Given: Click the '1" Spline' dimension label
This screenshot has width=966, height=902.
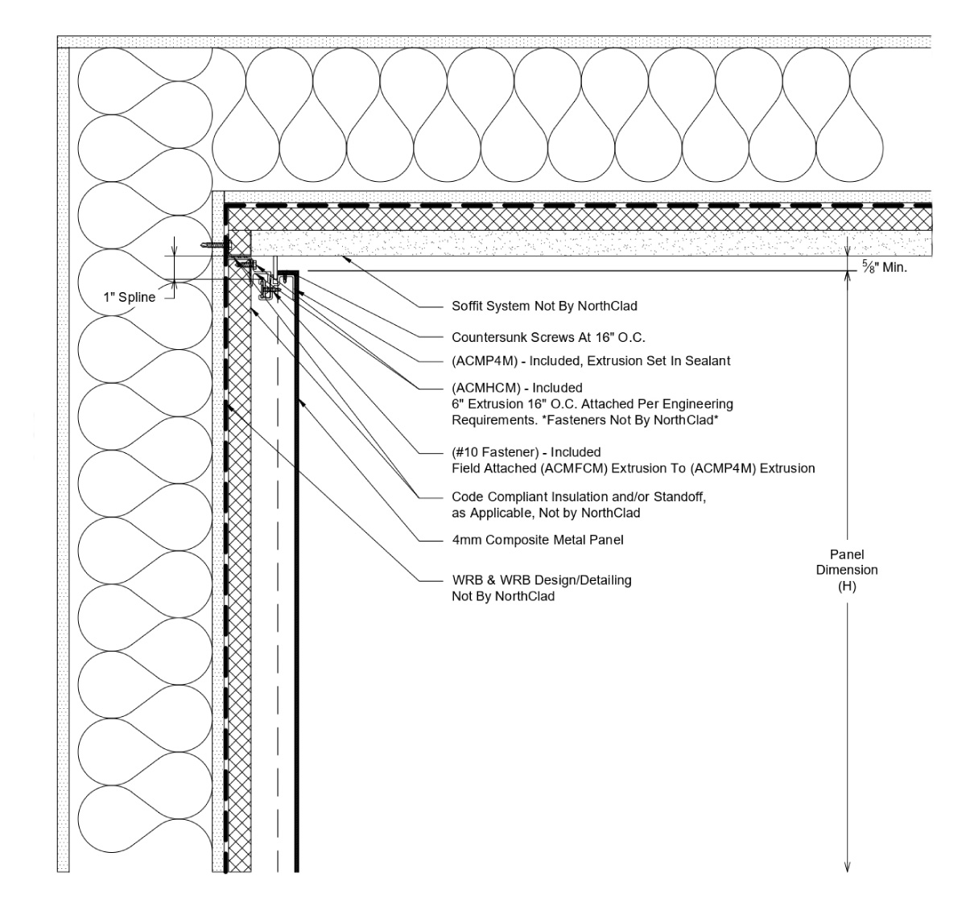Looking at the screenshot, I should (129, 298).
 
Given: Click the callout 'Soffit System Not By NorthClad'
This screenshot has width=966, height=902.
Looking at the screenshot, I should (544, 307).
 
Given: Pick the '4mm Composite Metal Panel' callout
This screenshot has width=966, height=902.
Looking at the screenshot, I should (538, 540).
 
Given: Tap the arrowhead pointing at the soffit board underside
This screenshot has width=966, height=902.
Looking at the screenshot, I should (345, 257).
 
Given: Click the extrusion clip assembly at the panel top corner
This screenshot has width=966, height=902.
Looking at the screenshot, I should (266, 282).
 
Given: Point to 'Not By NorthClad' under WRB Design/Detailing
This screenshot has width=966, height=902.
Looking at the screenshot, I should (503, 596).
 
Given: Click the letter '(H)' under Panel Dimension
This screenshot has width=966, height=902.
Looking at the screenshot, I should (846, 587).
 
